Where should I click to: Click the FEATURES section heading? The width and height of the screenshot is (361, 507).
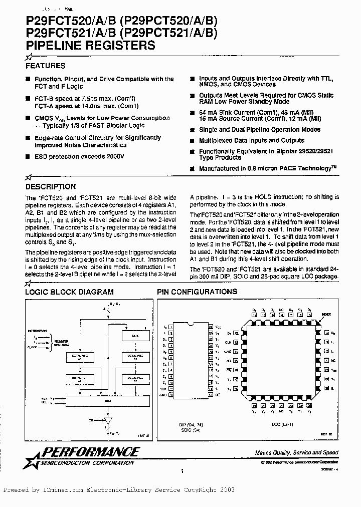coord(45,66)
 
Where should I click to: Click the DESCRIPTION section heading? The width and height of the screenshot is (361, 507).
coord(51,186)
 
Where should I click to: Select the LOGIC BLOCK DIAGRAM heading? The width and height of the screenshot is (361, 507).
coord(69,292)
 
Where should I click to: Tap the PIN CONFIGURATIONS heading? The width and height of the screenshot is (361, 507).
coord(197,292)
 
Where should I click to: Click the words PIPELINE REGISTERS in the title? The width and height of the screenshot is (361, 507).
coord(90,45)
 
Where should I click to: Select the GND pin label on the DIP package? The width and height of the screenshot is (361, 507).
coord(163,394)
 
